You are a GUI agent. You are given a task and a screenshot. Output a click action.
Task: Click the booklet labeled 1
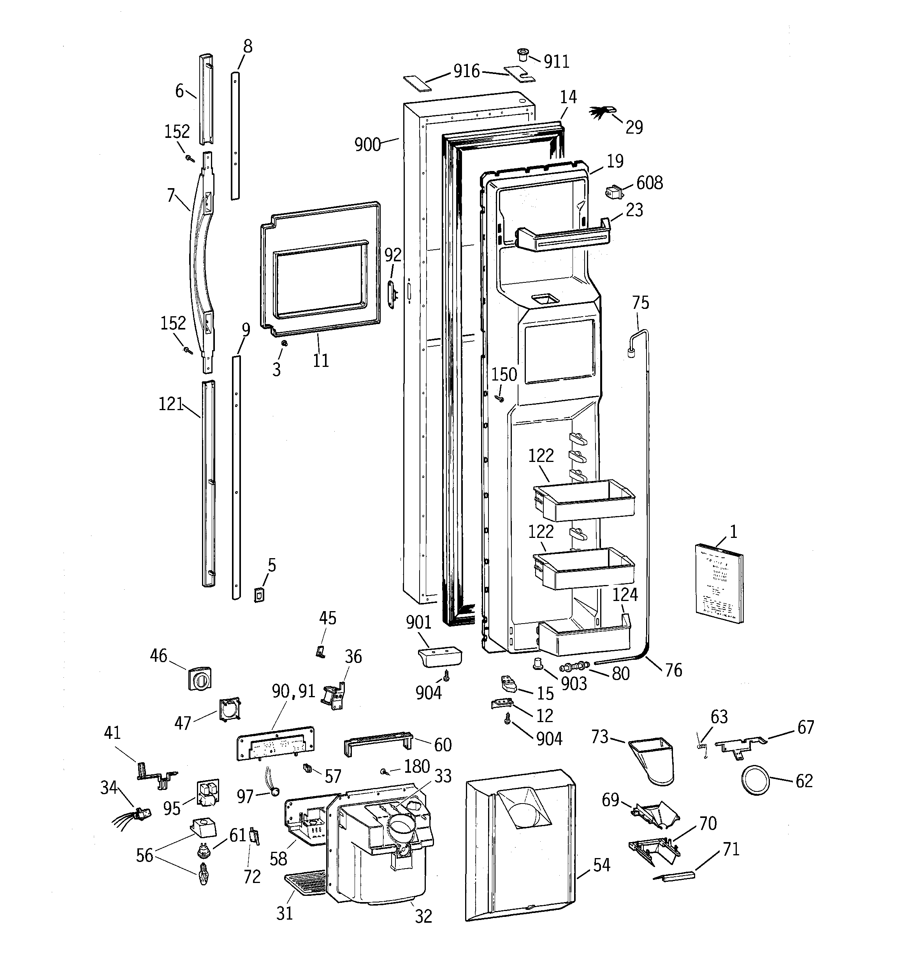(719, 583)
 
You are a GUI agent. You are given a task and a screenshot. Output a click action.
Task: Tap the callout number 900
(367, 145)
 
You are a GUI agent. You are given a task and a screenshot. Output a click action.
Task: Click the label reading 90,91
(293, 691)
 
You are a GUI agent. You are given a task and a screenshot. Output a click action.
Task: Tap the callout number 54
(601, 865)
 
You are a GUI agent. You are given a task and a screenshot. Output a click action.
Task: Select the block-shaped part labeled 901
(439, 657)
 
